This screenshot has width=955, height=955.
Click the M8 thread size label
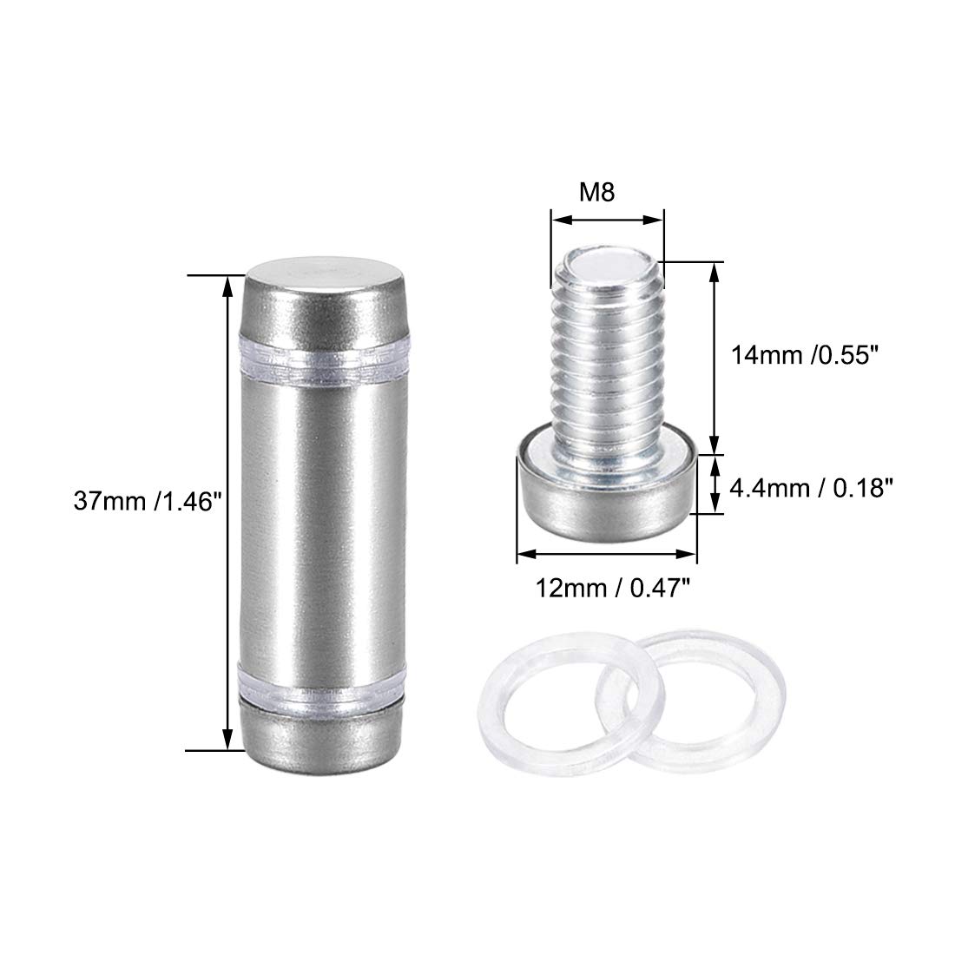pyautogui.click(x=597, y=193)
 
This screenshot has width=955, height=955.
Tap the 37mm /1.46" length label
pyautogui.click(x=146, y=501)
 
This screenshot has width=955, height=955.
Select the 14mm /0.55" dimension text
pyautogui.click(x=807, y=354)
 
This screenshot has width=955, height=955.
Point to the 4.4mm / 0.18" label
pyautogui.click(x=811, y=488)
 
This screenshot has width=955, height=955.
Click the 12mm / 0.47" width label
pyautogui.click(x=612, y=589)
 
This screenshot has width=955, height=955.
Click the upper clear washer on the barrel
pyautogui.click(x=324, y=362)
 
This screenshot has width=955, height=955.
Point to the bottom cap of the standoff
pyautogui.click(x=322, y=737)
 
